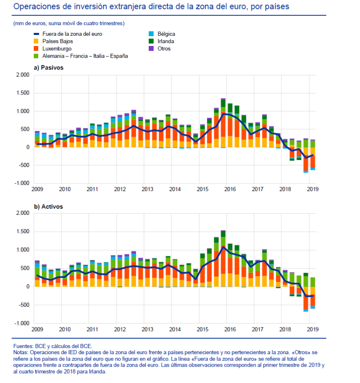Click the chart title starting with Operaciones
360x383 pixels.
[x=151, y=6]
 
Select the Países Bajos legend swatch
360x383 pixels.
[x=36, y=41]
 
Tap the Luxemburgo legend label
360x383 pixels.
[x=57, y=49]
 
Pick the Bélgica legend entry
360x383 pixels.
[x=162, y=34]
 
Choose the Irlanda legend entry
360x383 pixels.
[x=161, y=41]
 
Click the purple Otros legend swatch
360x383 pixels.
[x=151, y=49]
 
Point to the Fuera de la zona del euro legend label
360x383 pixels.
[x=72, y=34]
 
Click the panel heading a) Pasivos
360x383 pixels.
[x=49, y=68]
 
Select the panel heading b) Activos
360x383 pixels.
[x=48, y=207]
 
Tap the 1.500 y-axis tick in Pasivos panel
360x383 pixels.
[x=23, y=93]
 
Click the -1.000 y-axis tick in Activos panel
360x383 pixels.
[x=22, y=323]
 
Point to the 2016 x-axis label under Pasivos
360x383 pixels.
[x=230, y=189]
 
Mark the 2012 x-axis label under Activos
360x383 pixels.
[x=120, y=329]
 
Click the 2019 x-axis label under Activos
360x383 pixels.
[x=312, y=329]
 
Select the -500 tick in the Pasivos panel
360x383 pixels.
[x=24, y=165]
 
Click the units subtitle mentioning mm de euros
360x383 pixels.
[x=69, y=24]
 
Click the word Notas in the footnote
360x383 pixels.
[x=21, y=353]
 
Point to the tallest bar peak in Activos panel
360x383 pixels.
[x=223, y=231]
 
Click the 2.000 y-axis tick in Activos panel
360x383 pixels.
[x=23, y=213]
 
